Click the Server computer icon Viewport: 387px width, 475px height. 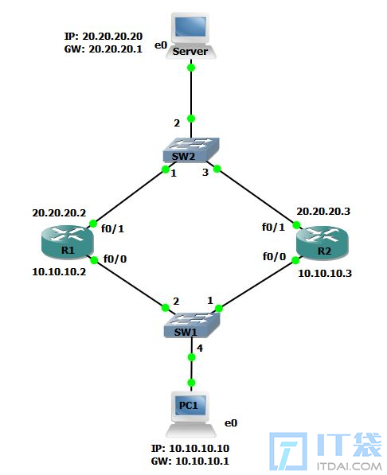191,36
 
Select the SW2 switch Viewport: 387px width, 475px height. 191,150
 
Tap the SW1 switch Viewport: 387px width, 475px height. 192,325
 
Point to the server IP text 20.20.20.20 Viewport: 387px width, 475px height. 112,37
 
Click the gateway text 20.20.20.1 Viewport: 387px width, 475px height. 115,49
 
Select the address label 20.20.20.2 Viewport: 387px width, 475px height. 59,213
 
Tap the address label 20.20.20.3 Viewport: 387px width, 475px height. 323,212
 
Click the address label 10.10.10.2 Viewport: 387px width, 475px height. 59,272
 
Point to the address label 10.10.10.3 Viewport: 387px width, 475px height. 325,274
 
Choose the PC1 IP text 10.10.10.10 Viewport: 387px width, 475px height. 199,448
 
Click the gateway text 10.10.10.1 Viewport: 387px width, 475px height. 202,461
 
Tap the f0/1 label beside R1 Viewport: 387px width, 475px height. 112,228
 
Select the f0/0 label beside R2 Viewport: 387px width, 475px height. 274,257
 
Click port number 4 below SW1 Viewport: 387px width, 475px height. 200,348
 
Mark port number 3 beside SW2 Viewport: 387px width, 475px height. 205,173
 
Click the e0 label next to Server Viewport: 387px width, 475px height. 161,45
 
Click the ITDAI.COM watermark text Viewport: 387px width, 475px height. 349,466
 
